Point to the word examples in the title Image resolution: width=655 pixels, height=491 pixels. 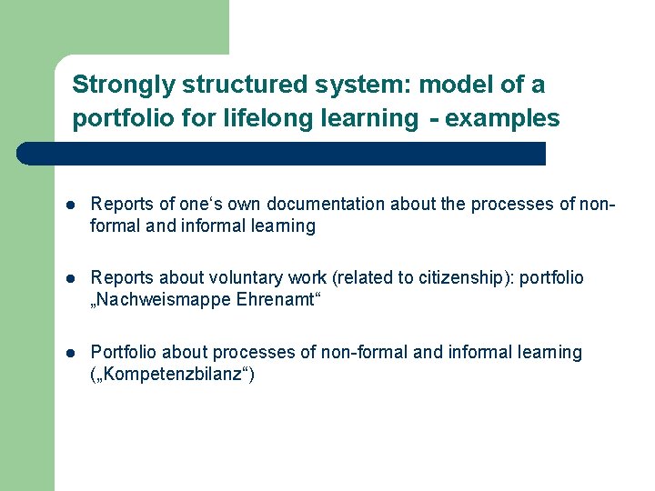point(503,118)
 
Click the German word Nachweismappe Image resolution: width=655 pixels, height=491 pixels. point(156,300)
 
